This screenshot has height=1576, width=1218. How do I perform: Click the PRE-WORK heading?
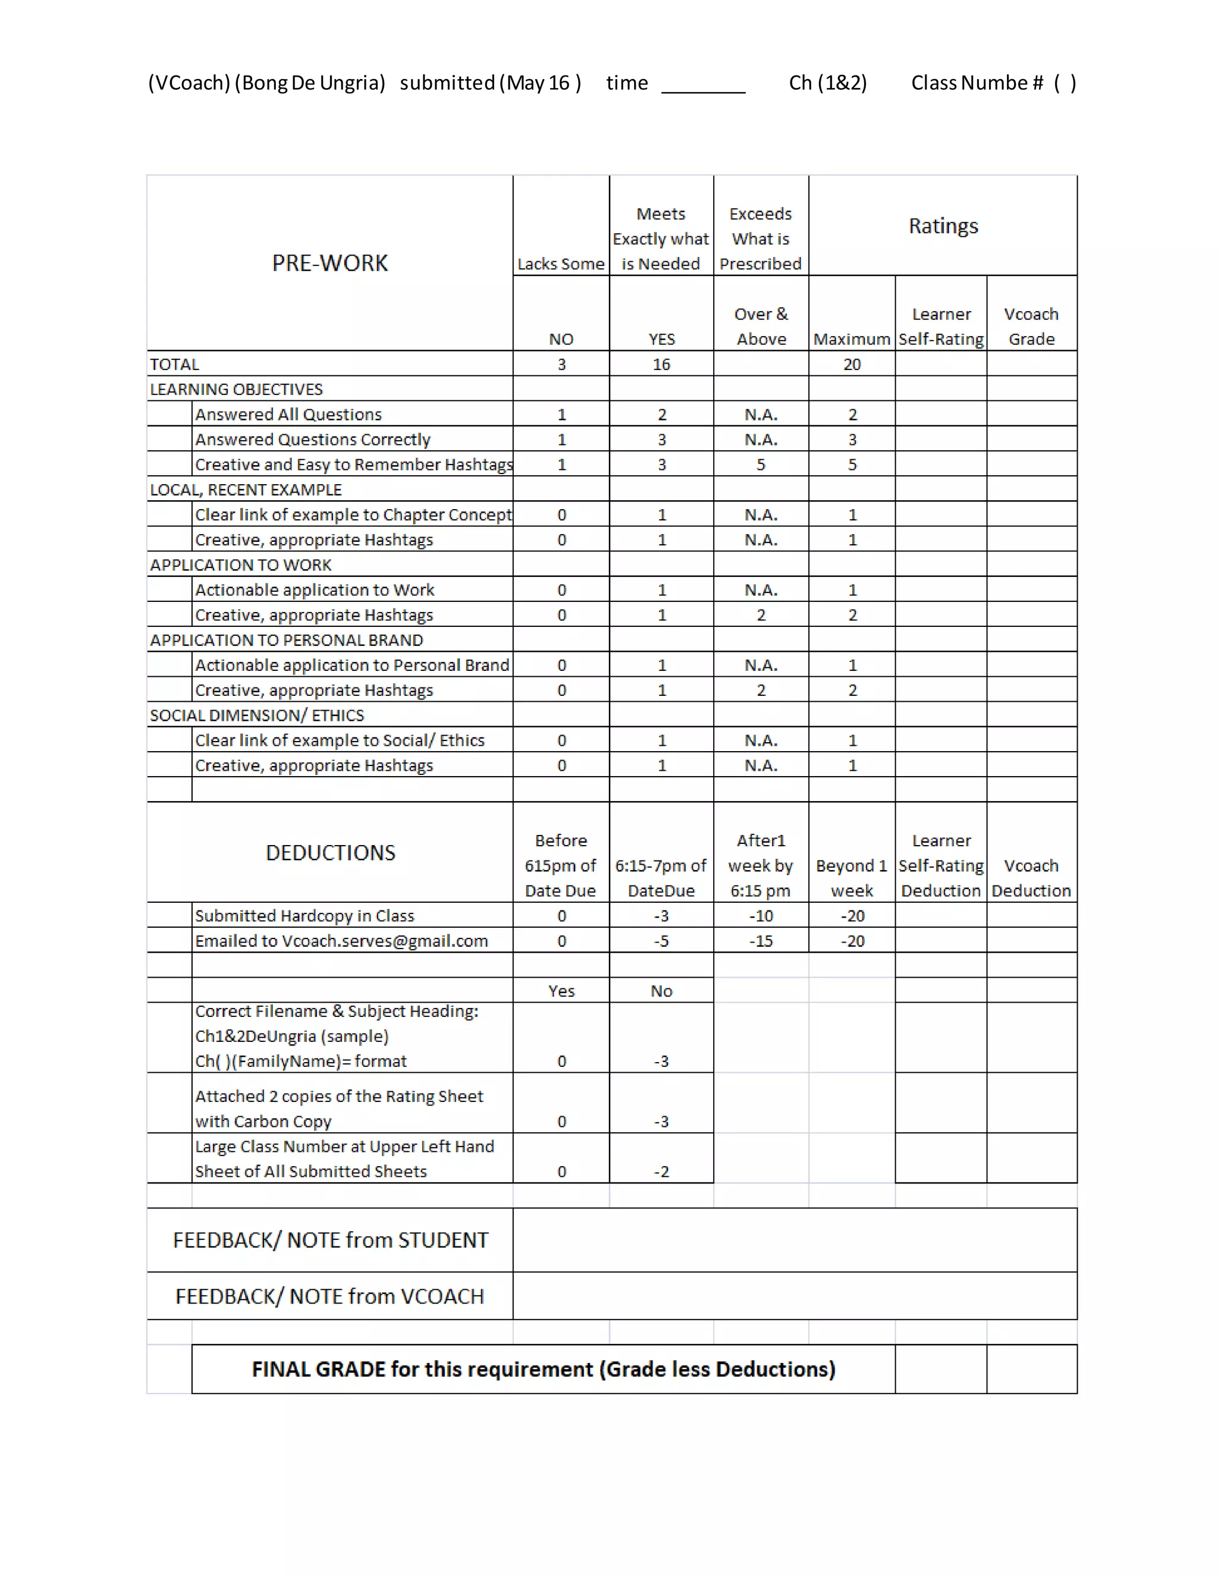pyautogui.click(x=329, y=263)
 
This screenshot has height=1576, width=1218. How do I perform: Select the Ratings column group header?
pyautogui.click(x=943, y=226)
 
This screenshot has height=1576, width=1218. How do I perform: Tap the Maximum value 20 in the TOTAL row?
pyautogui.click(x=852, y=365)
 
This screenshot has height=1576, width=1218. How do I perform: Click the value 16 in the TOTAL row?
pyautogui.click(x=661, y=365)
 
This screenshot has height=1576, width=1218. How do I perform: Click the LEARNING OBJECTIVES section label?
pyautogui.click(x=236, y=390)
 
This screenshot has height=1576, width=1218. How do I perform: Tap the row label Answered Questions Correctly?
pyautogui.click(x=312, y=439)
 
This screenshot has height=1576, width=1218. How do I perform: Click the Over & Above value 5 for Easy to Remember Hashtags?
pyautogui.click(x=761, y=464)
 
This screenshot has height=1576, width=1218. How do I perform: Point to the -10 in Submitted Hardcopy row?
pyautogui.click(x=761, y=916)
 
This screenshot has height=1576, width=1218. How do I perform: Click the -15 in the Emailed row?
pyautogui.click(x=761, y=941)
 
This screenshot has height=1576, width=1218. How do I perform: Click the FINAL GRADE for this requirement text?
pyautogui.click(x=544, y=1369)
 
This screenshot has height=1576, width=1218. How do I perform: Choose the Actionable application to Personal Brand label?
pyautogui.click(x=352, y=665)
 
